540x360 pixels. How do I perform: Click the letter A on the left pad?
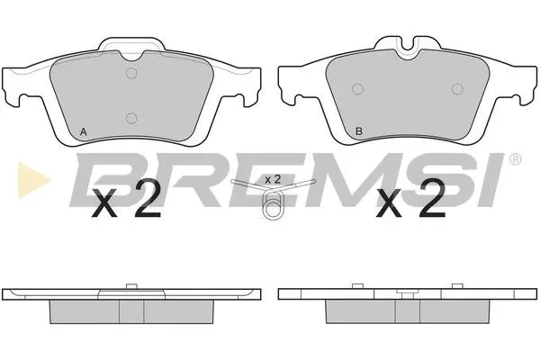[84, 132]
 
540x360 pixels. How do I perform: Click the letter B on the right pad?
[359, 132]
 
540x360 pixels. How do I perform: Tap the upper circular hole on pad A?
[131, 75]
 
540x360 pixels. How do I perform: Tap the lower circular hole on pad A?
[131, 116]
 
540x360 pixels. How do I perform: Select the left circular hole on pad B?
[356, 88]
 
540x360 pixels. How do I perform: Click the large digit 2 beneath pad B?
[432, 204]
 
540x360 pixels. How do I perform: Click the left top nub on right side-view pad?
[357, 286]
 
